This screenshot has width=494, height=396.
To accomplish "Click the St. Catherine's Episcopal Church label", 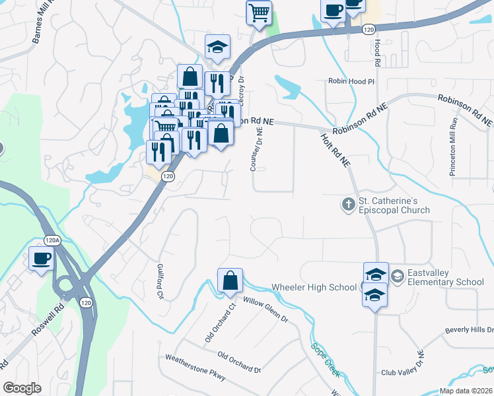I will (394, 205).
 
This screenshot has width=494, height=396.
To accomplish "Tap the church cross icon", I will (348, 205).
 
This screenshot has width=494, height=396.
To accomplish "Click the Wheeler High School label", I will (314, 288).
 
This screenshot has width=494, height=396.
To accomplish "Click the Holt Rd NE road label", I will (335, 150).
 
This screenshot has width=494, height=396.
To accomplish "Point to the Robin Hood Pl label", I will (351, 81).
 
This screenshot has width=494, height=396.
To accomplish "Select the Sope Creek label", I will (326, 360).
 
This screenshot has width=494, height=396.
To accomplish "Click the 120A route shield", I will (52, 240).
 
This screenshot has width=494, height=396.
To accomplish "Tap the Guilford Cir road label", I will (160, 282).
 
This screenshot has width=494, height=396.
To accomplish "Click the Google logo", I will (22, 388).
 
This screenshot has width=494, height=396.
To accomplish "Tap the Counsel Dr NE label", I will (256, 149).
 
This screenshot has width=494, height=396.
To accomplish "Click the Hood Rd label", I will (377, 52).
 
